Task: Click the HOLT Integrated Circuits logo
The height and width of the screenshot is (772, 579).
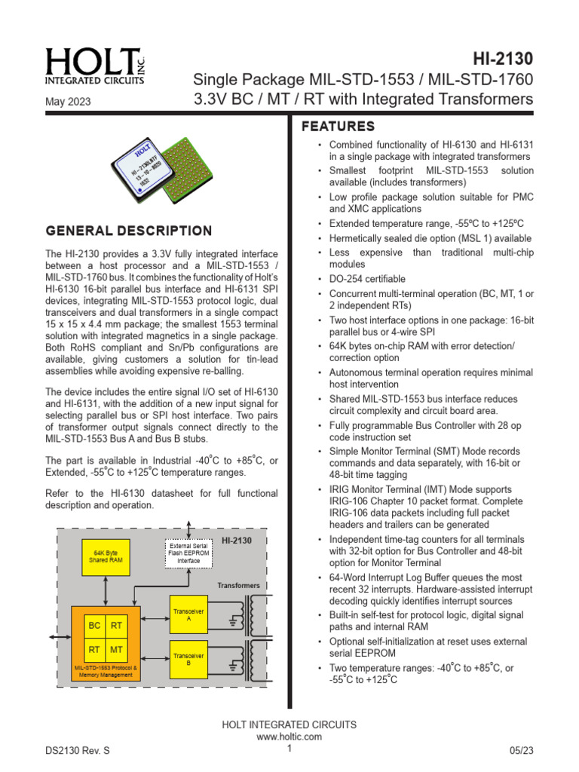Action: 94,66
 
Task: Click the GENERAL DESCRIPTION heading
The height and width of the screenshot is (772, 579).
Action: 129,231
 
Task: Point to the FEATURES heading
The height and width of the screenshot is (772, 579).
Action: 338,126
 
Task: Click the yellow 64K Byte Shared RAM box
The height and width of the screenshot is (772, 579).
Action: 105,559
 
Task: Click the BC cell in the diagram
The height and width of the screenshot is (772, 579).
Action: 94,625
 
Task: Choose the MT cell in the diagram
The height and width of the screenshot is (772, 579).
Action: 117,648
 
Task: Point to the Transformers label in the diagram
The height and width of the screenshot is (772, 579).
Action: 239,585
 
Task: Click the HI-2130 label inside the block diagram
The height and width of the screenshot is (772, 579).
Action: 237,540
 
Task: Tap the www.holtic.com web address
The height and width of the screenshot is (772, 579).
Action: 289,737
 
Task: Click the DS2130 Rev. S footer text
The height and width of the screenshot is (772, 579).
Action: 78,752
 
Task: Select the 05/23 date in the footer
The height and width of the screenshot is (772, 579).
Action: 520,752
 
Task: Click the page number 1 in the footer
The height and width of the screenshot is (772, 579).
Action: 289,748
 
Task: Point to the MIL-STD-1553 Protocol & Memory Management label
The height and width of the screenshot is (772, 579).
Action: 106,671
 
